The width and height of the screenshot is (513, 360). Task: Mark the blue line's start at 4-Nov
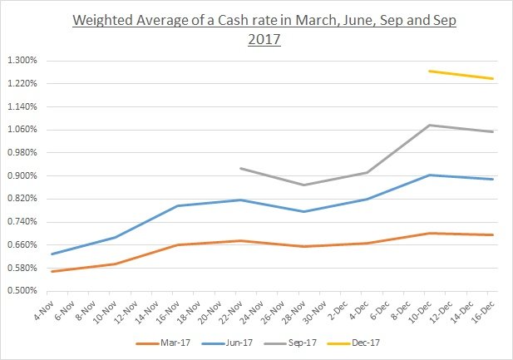pos(52,254)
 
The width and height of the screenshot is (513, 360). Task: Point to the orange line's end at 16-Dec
pos(493,234)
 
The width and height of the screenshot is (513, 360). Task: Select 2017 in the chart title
pos(264,38)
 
